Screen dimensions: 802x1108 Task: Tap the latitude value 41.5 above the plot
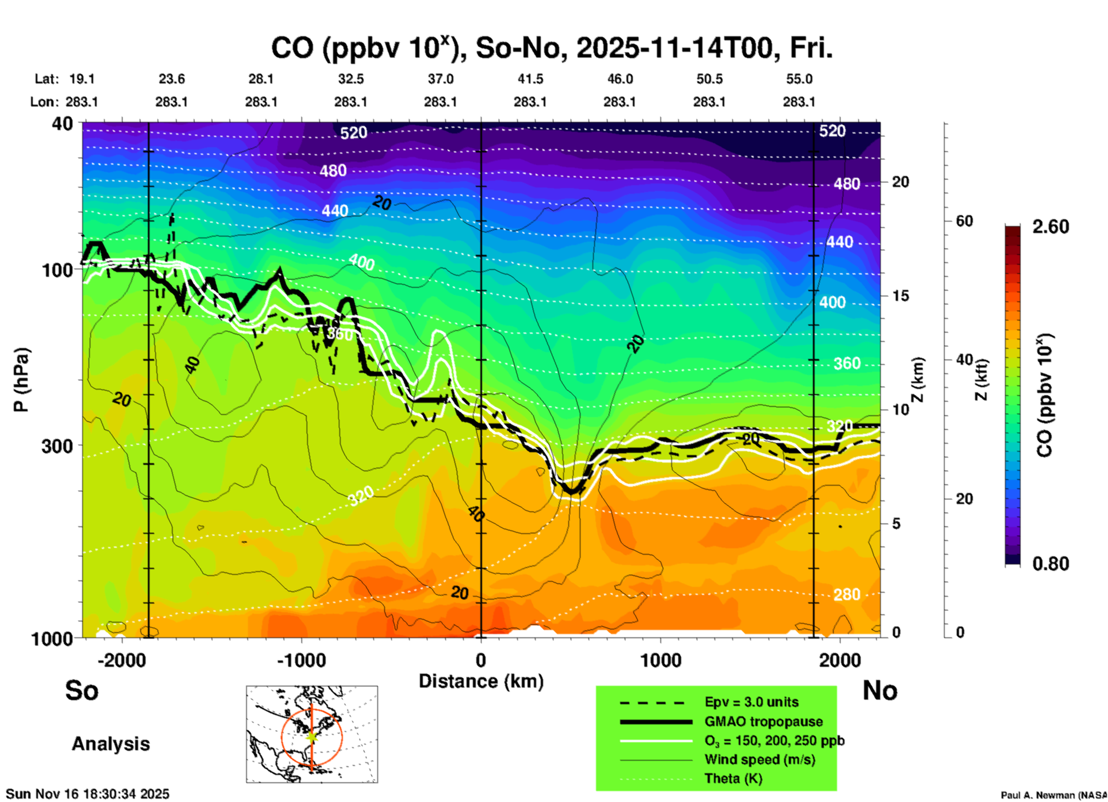click(530, 79)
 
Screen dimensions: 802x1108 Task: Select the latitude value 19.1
click(82, 79)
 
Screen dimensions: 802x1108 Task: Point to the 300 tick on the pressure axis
click(57, 446)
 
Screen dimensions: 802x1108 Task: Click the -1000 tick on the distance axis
click(301, 660)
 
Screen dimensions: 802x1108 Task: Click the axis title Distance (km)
click(481, 681)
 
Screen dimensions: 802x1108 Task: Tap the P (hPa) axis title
click(21, 380)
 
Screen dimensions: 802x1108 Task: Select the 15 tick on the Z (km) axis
click(900, 296)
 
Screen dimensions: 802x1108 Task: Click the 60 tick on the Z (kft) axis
click(965, 221)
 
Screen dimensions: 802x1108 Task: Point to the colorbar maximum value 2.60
click(1050, 227)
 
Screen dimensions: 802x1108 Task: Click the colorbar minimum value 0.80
click(1050, 563)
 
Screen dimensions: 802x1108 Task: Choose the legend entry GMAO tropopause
click(763, 721)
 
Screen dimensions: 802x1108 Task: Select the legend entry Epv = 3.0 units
click(751, 702)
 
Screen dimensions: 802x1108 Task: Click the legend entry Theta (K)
click(733, 778)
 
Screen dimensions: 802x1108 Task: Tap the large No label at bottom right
click(880, 690)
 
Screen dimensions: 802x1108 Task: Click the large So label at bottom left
click(82, 690)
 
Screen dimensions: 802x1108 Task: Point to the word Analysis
click(110, 743)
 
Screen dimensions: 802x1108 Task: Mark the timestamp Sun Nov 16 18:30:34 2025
click(87, 794)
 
